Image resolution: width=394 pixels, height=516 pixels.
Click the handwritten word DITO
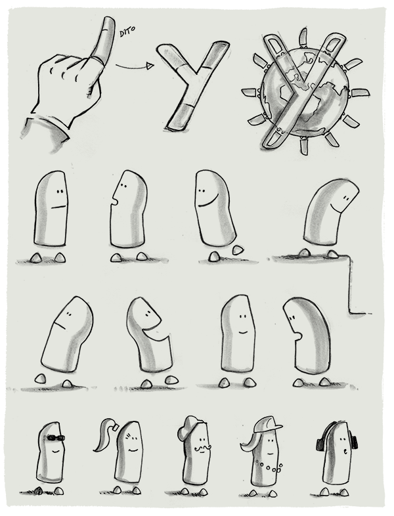127,32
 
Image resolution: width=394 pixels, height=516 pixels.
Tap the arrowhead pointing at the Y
150,66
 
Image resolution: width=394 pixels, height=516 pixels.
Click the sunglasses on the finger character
56,438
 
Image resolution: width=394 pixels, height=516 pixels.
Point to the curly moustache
202,448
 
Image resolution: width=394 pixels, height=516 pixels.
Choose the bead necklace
269,467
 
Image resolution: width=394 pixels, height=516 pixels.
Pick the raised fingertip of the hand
108,22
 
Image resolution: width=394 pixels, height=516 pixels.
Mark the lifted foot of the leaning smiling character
237,249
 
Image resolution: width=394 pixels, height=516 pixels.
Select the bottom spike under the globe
304,146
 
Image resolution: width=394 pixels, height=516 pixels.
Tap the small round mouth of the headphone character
345,452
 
